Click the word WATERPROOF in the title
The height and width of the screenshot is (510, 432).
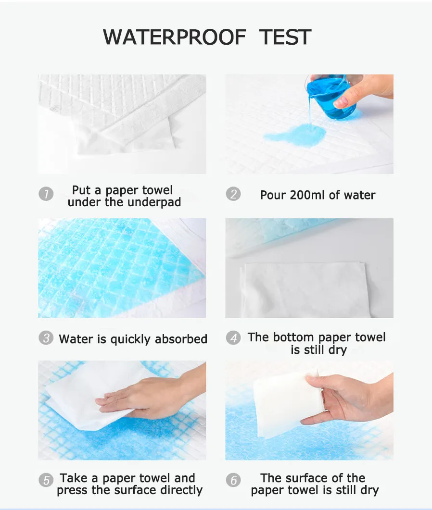[174, 37]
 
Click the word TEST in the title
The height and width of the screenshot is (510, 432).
[285, 37]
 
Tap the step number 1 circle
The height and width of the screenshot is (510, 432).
[46, 194]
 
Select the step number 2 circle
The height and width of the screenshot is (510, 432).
[233, 194]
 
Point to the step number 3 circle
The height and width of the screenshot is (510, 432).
[46, 338]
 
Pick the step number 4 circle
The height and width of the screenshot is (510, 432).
[233, 338]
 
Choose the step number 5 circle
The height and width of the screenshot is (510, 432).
[46, 480]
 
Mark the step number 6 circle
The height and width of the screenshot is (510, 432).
[233, 480]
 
